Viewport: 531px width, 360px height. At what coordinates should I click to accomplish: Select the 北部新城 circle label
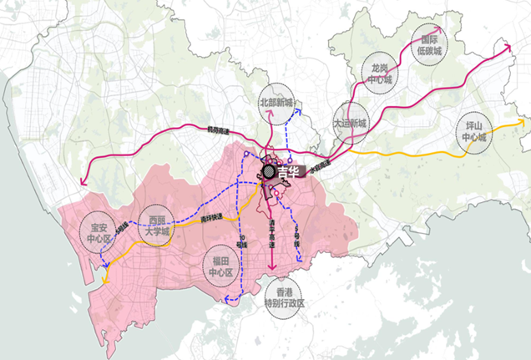click(277, 103)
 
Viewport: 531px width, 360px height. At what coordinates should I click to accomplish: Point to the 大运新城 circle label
click(350, 122)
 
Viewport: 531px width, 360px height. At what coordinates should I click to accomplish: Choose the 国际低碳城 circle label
click(430, 43)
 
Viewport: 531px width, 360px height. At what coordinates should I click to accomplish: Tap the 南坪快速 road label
click(212, 215)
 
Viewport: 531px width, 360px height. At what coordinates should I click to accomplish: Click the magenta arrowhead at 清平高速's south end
click(271, 268)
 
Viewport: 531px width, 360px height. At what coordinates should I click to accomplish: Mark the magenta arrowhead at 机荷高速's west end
click(82, 185)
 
